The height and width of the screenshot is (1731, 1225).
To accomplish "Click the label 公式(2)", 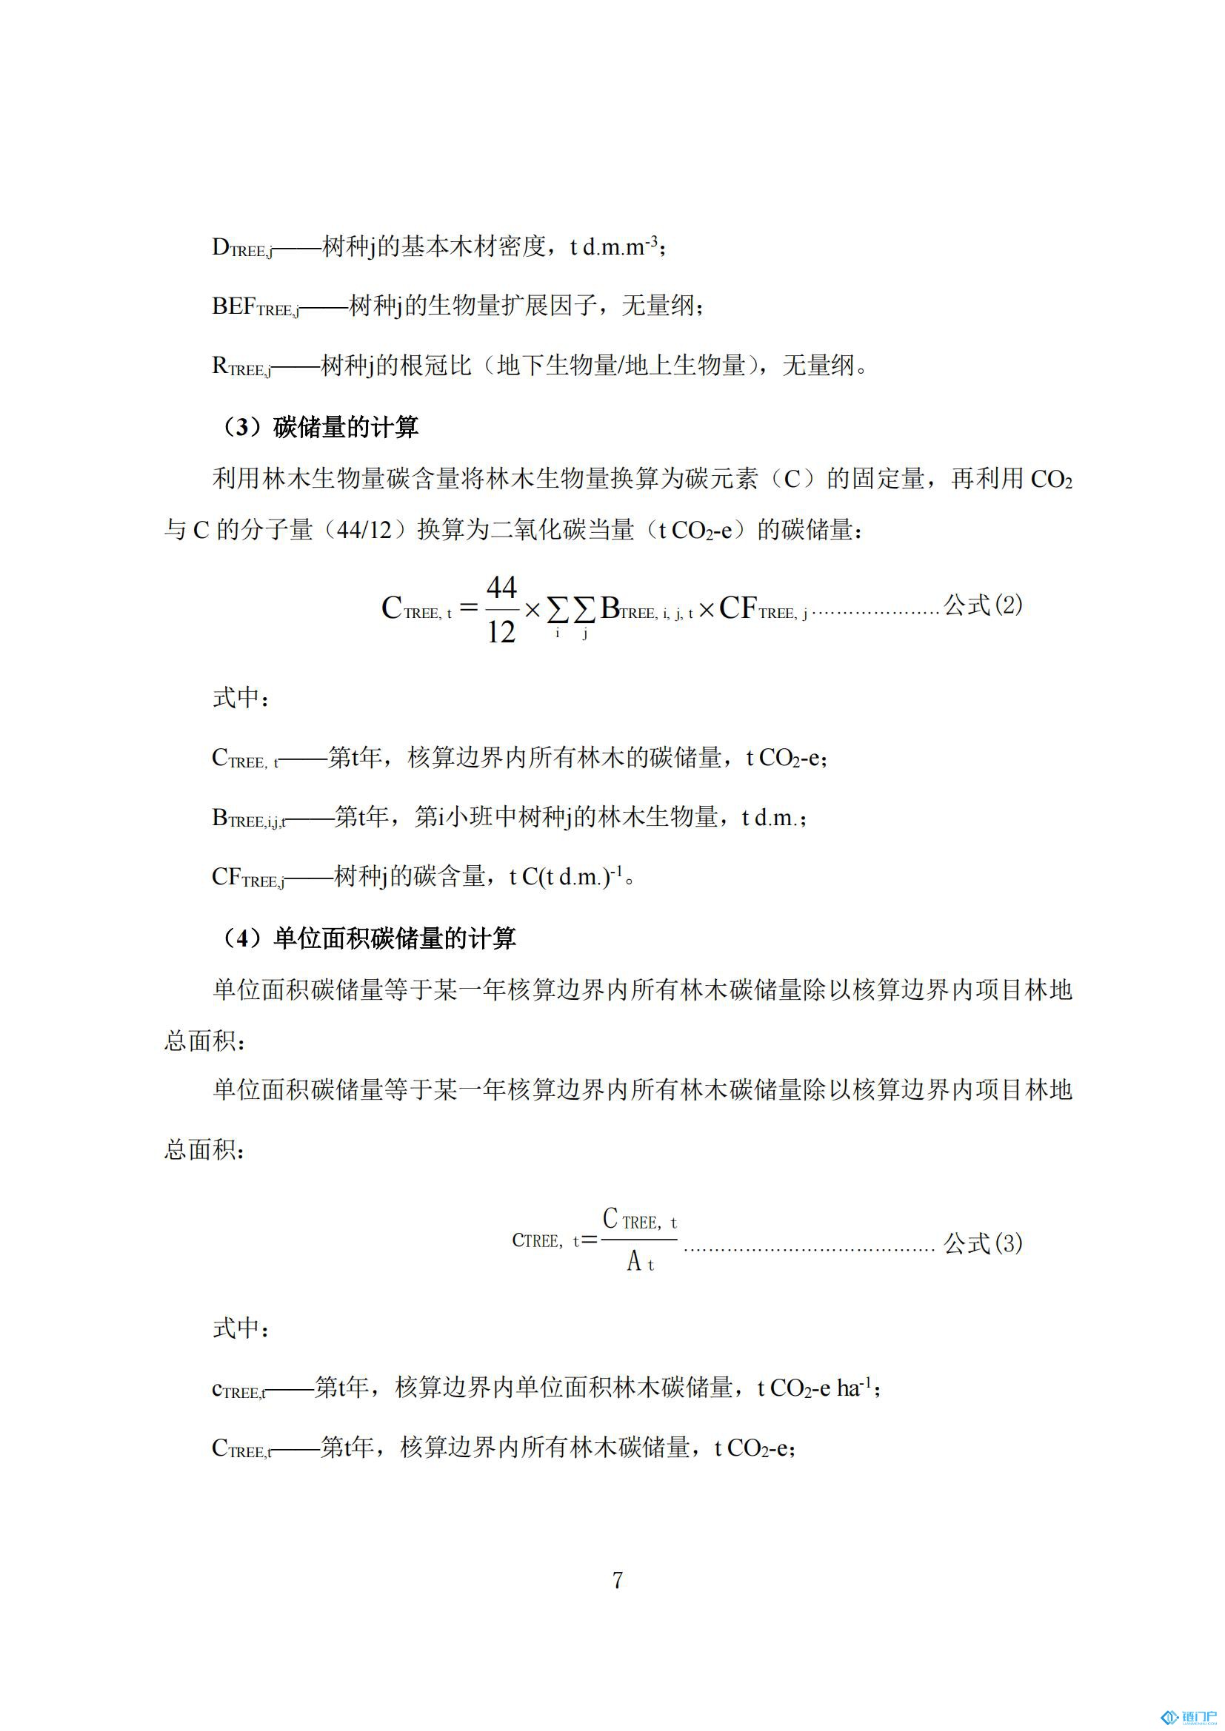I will point(983,605).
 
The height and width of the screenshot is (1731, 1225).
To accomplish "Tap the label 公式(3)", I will point(983,1243).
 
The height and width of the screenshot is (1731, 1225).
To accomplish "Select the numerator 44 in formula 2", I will point(501,587).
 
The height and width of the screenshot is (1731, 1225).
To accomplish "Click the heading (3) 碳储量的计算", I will point(320,428).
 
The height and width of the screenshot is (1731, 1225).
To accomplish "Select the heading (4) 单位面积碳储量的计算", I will point(369,938).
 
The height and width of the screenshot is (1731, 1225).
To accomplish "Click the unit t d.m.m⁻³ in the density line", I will point(614,246).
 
